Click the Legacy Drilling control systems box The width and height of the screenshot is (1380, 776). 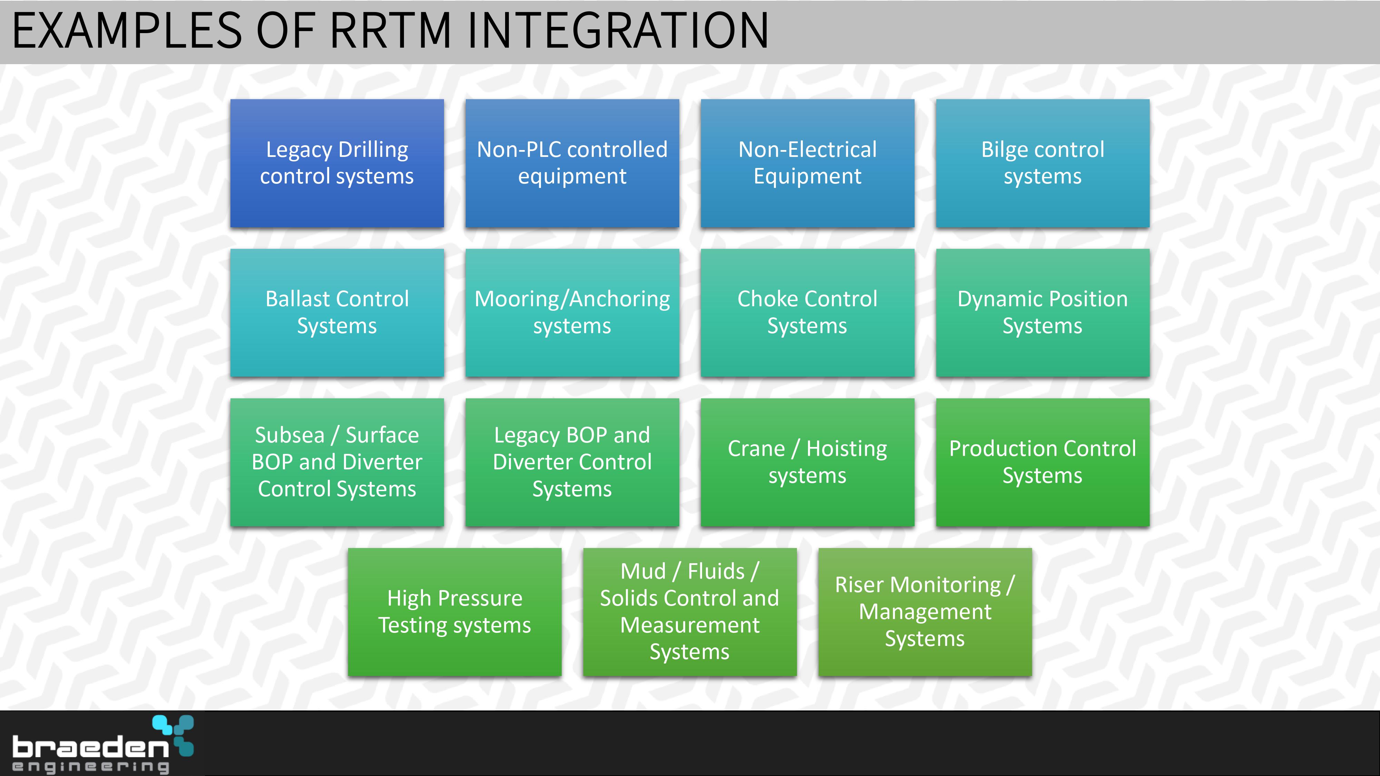(x=337, y=163)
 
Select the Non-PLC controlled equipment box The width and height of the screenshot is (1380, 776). (x=572, y=163)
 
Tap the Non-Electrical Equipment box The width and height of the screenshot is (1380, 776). (x=807, y=163)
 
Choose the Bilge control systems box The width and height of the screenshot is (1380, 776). (x=1043, y=163)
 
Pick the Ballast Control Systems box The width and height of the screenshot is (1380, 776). (x=337, y=313)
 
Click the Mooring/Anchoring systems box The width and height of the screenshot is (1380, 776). (x=572, y=313)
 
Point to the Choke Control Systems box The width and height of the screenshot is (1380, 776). (x=807, y=313)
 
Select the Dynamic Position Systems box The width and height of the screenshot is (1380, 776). (x=1043, y=313)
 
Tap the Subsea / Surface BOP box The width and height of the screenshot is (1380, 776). (x=337, y=462)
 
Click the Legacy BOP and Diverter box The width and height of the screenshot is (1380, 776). (x=572, y=462)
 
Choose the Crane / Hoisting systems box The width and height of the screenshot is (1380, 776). (x=807, y=462)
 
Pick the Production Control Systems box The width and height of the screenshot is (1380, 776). (x=1043, y=462)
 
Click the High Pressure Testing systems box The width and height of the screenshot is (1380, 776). (x=455, y=611)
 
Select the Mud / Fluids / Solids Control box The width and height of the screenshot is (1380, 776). (x=690, y=611)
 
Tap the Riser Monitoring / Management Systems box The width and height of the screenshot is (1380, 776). (x=925, y=611)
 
